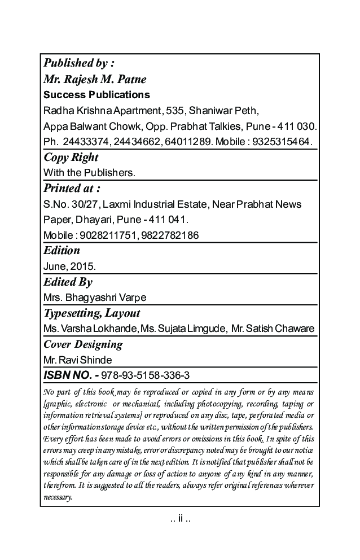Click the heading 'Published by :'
coord(79,63)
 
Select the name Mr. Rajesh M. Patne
coord(95,79)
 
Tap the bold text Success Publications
coord(96,94)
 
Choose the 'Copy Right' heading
coord(71,157)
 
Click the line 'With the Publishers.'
coord(89,172)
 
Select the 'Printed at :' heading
coord(72,188)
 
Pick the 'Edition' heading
coord(62,250)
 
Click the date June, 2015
coord(69,266)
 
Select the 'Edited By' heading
coord(68,282)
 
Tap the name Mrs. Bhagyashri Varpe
coord(95,297)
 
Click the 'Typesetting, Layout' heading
coord(91,313)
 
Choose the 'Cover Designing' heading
coord(82,344)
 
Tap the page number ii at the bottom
coord(180,519)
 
